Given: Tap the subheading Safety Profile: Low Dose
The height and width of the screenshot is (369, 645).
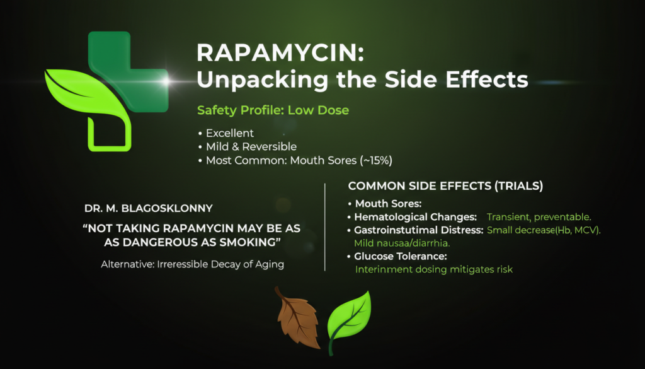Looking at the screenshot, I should [x=273, y=110].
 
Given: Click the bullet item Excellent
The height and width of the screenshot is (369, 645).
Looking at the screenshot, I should [x=230, y=134].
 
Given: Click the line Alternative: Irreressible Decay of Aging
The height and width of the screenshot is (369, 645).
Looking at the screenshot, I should [x=192, y=264].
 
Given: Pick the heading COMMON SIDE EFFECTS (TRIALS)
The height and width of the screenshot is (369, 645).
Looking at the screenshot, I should [x=445, y=187].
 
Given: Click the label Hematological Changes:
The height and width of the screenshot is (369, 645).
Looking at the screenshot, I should [x=415, y=217].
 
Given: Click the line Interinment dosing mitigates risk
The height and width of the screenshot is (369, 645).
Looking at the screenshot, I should [x=434, y=269].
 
